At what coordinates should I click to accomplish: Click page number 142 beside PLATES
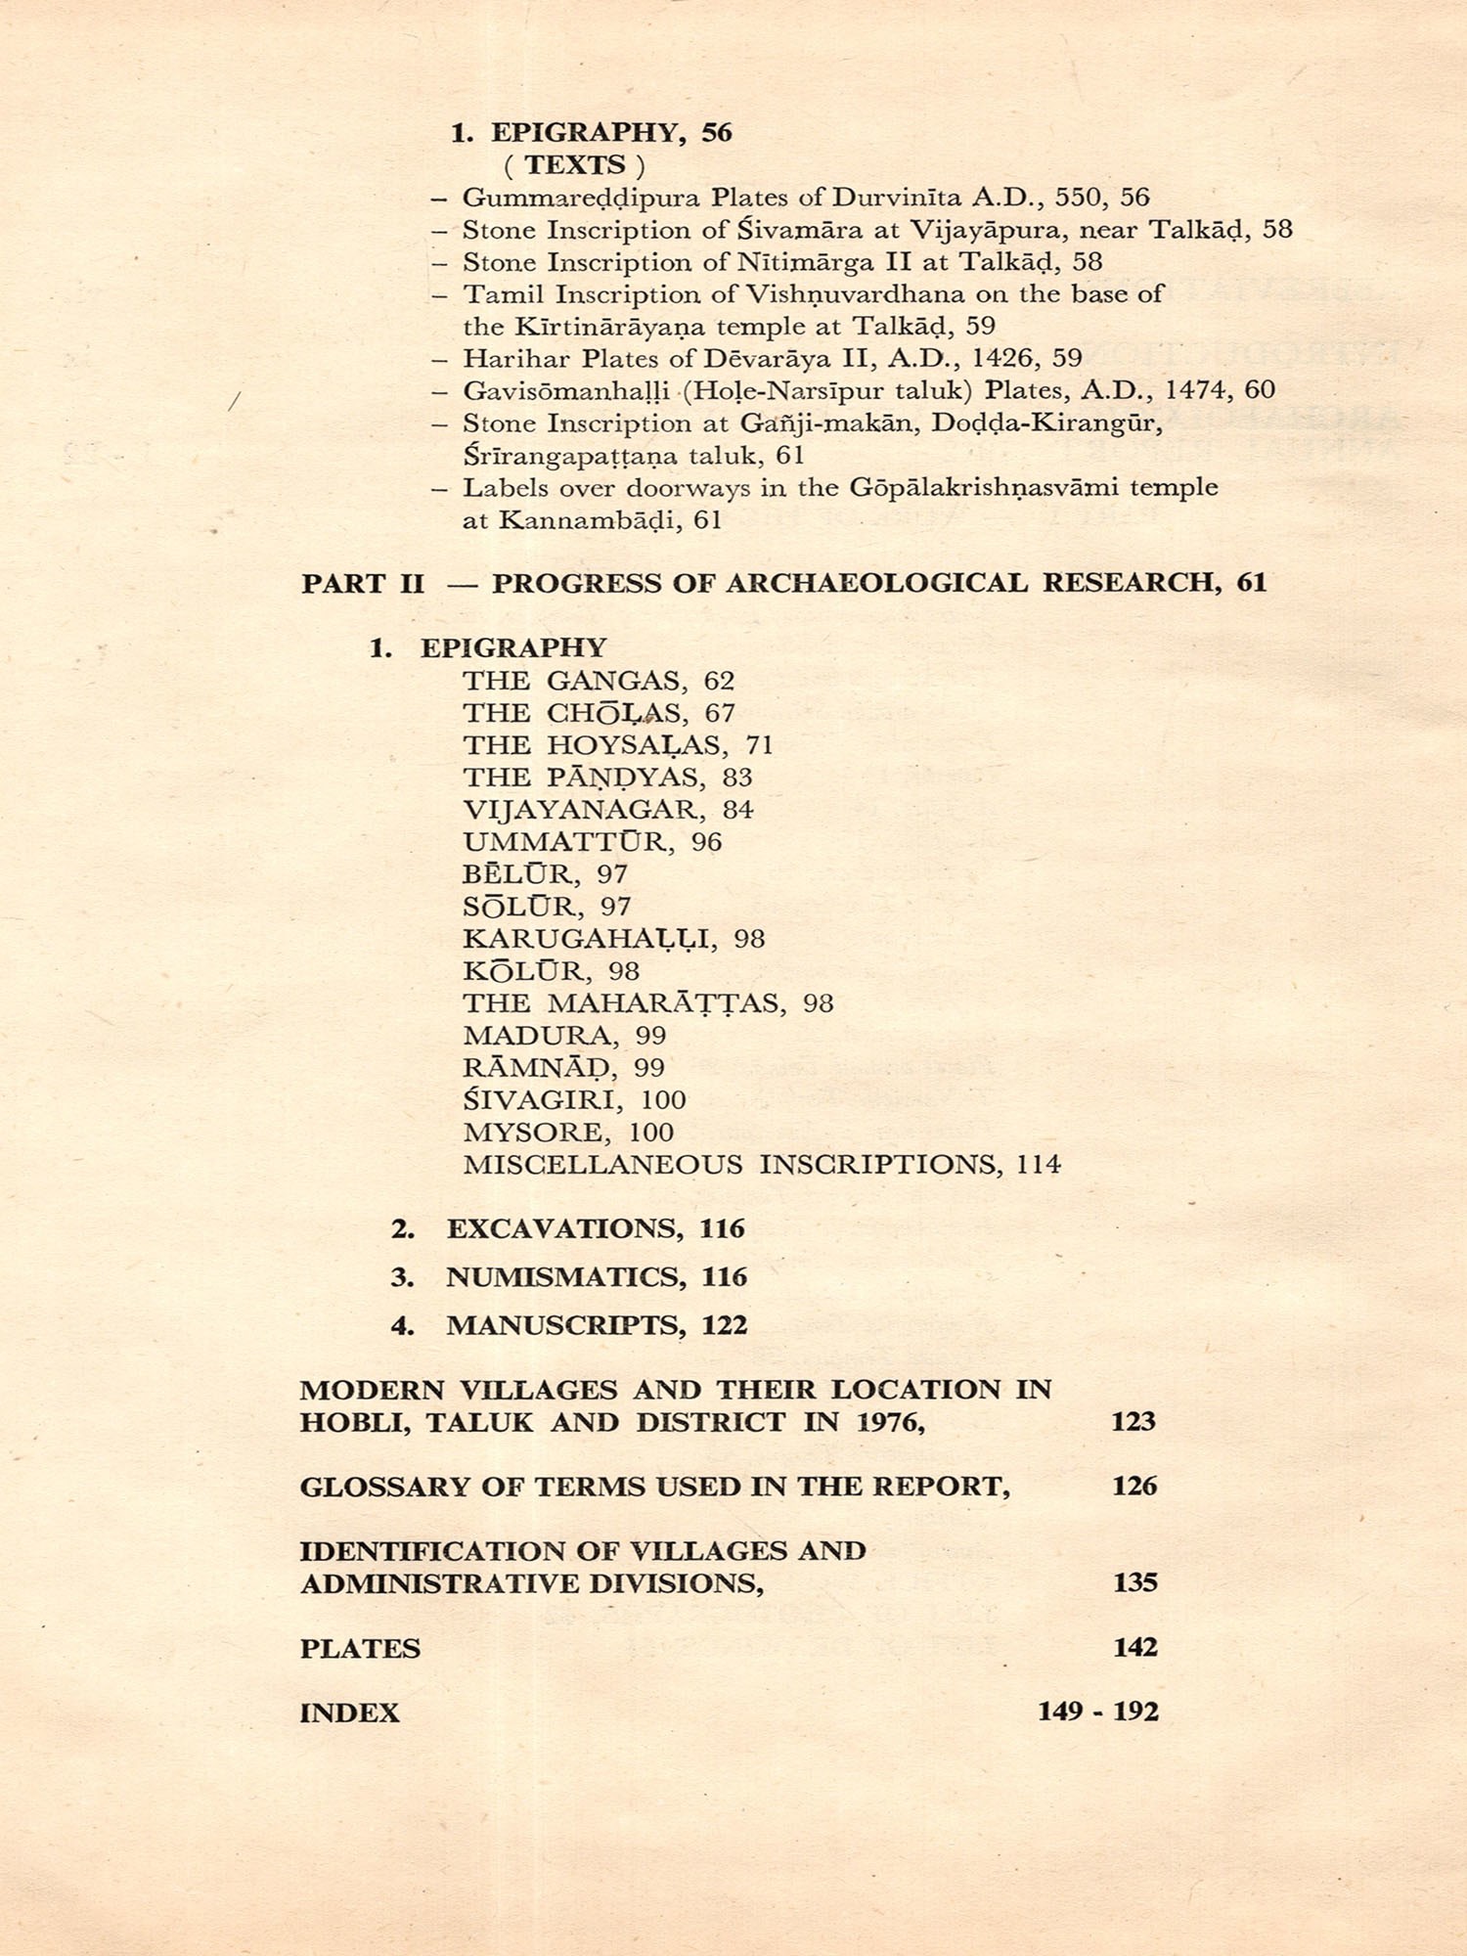pos(1134,1647)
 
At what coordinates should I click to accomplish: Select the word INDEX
pos(349,1712)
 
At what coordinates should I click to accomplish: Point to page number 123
pos(1133,1421)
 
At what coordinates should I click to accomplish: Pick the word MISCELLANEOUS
pos(602,1165)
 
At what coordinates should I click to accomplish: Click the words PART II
pos(363,584)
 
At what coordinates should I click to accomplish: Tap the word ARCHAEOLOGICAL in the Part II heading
pos(876,583)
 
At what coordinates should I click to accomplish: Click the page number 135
pos(1134,1582)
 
